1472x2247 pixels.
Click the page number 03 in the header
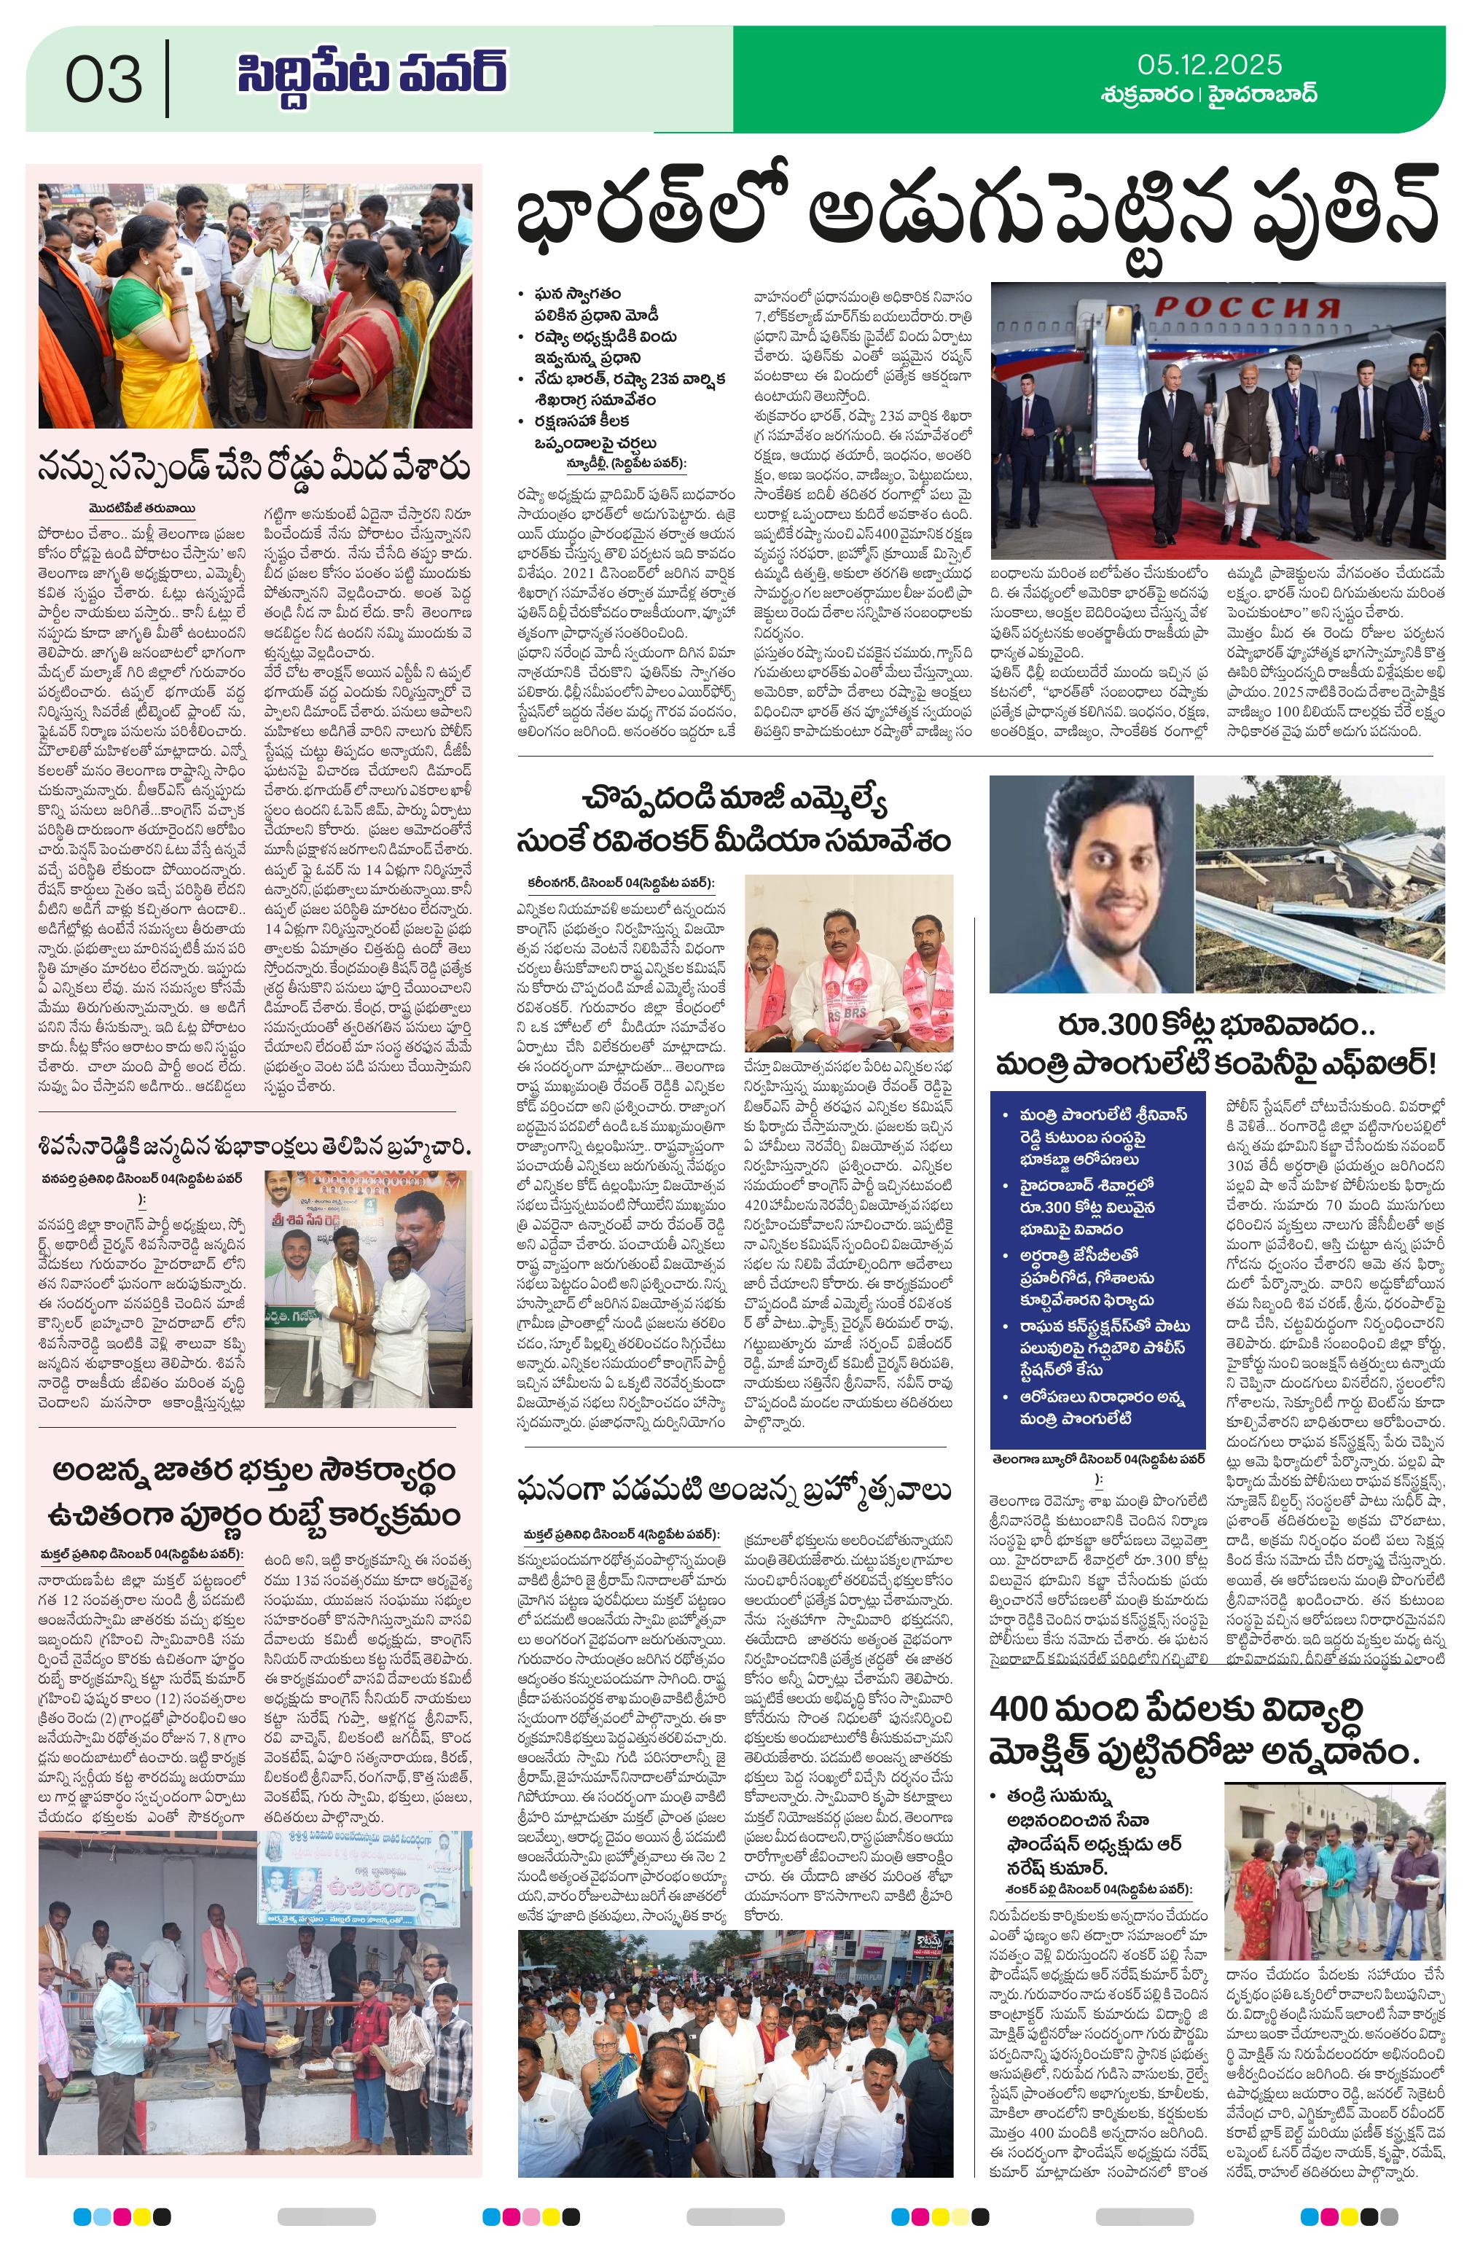pyautogui.click(x=104, y=79)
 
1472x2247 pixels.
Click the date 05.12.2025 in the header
pyautogui.click(x=1208, y=64)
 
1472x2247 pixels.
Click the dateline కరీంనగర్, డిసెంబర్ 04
pyautogui.click(x=619, y=883)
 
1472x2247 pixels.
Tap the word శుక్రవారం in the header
pyautogui.click(x=1146, y=95)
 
